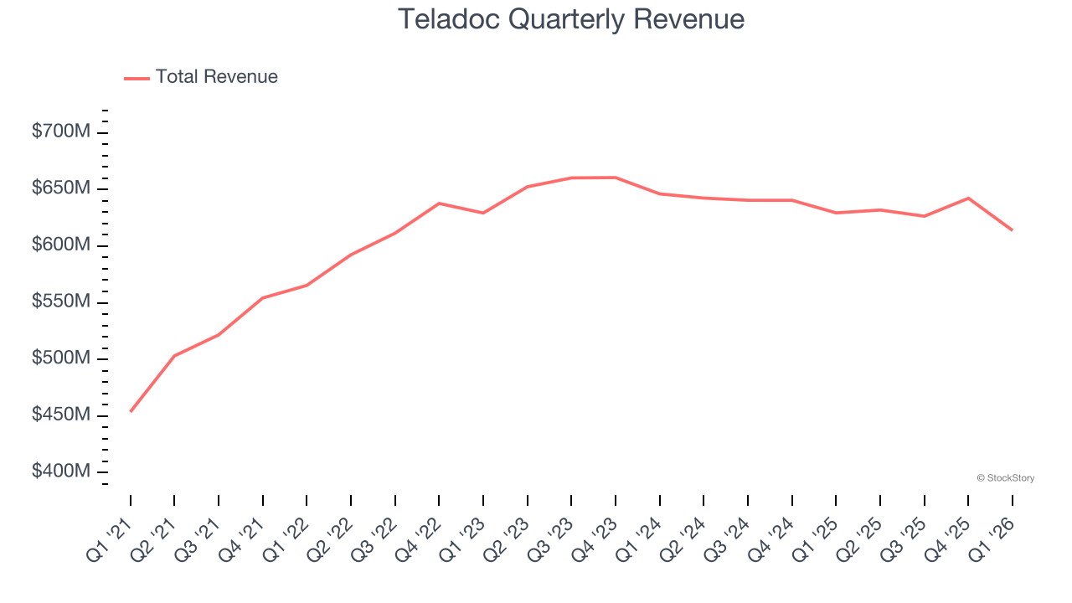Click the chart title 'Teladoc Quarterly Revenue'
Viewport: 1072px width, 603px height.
[x=570, y=18]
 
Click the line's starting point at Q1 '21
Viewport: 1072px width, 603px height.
[x=131, y=411]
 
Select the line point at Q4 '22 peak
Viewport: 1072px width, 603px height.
[x=439, y=204]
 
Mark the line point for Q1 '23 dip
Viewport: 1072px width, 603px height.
[x=483, y=213]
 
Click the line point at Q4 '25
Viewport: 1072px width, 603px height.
[x=968, y=198]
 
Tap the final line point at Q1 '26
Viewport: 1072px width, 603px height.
[x=1012, y=229]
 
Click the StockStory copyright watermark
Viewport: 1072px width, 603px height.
[x=1005, y=478]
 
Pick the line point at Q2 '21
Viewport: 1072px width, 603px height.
[x=174, y=356]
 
